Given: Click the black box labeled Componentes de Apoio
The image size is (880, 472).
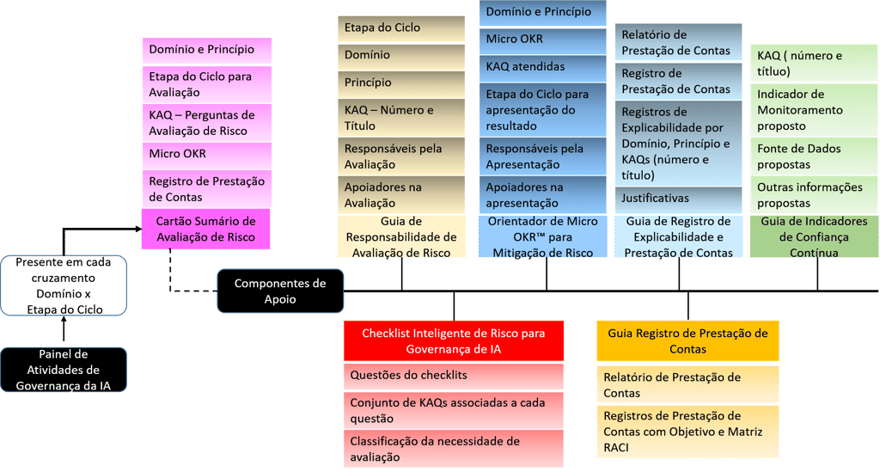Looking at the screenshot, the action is (x=279, y=291).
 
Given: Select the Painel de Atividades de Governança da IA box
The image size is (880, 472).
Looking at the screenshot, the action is (x=64, y=370).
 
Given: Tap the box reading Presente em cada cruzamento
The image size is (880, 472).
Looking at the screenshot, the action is (x=64, y=285).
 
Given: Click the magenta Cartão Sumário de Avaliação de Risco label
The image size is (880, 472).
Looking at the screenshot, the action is (x=205, y=229).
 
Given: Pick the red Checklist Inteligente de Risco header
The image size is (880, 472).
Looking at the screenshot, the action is (x=453, y=340).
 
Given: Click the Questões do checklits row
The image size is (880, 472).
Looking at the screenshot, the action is (x=453, y=375).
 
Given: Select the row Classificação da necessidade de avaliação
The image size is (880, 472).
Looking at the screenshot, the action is (x=453, y=450).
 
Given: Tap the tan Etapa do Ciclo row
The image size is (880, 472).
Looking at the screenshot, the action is (x=400, y=28).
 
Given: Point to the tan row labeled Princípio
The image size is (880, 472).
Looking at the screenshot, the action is (x=400, y=83).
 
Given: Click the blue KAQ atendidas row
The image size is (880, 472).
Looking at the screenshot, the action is (x=541, y=66).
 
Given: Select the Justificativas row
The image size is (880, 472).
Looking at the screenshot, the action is (x=678, y=199).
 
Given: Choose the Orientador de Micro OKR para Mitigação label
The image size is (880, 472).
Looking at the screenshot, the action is (x=541, y=237).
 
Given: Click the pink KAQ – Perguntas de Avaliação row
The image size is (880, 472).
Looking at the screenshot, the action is (x=205, y=123).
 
